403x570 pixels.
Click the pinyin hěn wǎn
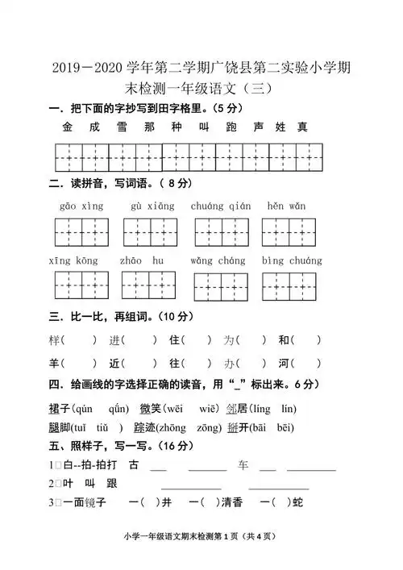coord(286,206)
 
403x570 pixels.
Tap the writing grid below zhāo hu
coord(148,285)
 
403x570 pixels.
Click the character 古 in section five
coord(133,464)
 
